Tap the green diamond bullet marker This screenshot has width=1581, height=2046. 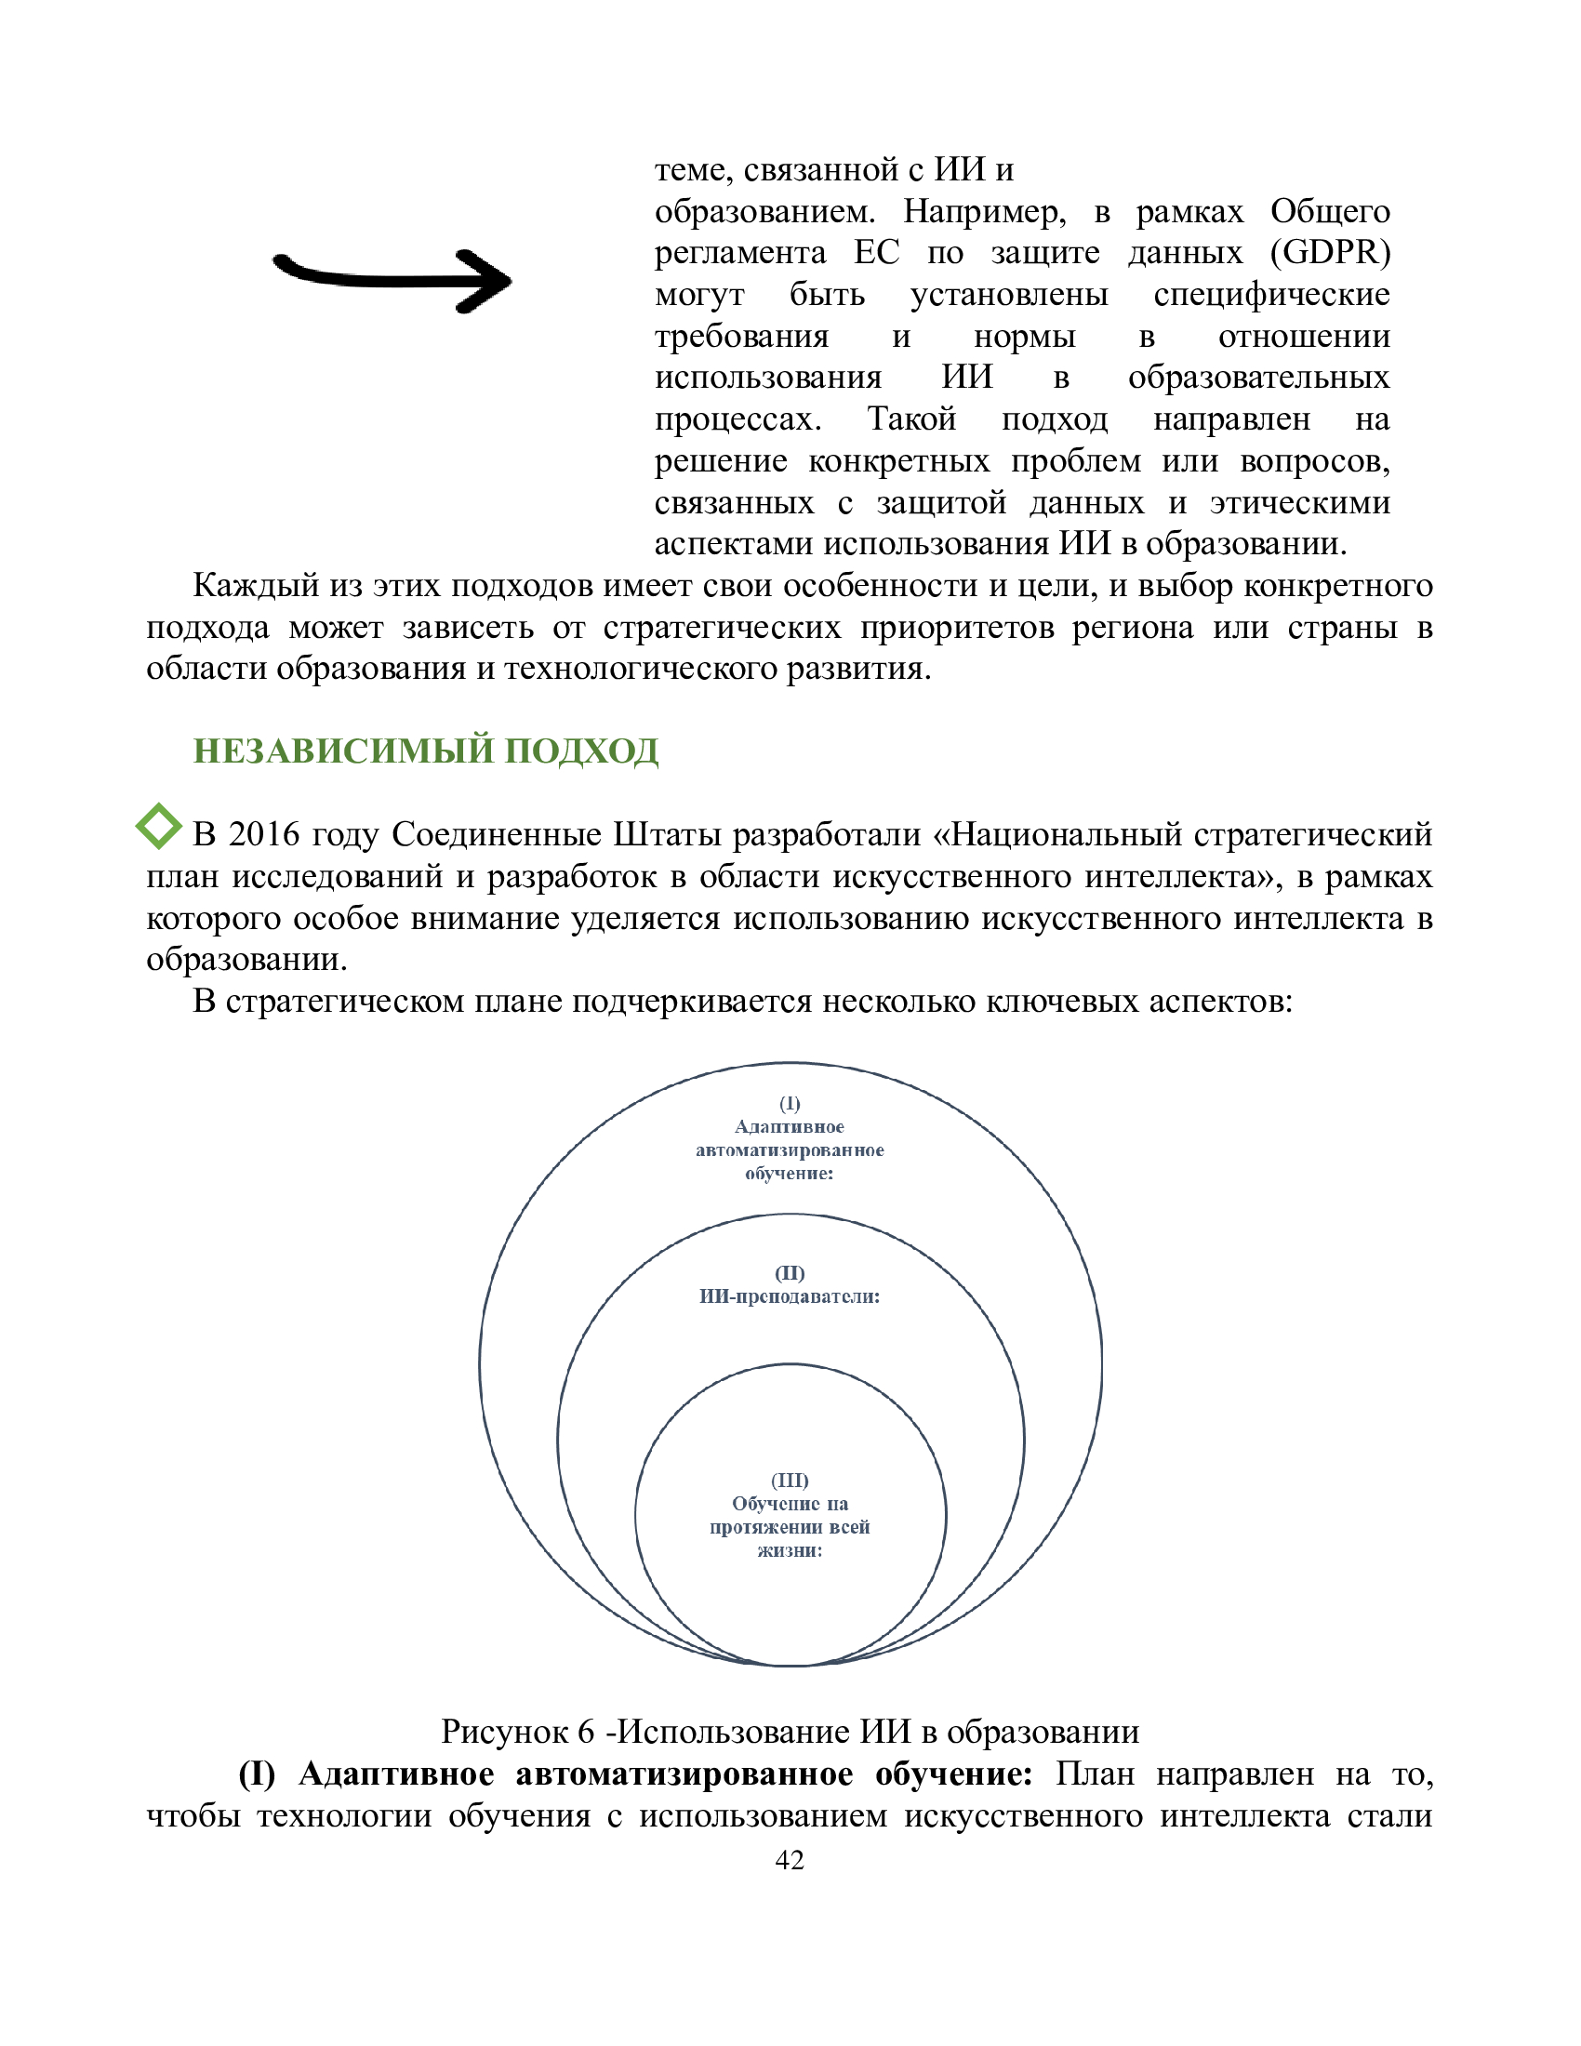coord(159,825)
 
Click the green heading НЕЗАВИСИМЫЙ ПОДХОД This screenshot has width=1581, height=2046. coord(425,751)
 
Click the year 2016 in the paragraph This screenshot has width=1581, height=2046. coord(263,833)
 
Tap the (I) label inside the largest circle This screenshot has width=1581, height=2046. coord(790,1103)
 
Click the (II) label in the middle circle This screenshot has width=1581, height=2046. coord(790,1272)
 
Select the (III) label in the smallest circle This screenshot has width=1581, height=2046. coord(790,1481)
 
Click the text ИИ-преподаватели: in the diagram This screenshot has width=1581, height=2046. coord(790,1296)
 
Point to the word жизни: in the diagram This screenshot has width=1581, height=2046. coord(790,1550)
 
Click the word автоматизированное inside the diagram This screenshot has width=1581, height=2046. coord(790,1149)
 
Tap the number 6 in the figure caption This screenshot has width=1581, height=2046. coord(585,1733)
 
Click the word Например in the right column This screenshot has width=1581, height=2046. coord(983,212)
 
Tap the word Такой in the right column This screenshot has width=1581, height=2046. coord(911,418)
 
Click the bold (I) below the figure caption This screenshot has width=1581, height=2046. coord(257,1774)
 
